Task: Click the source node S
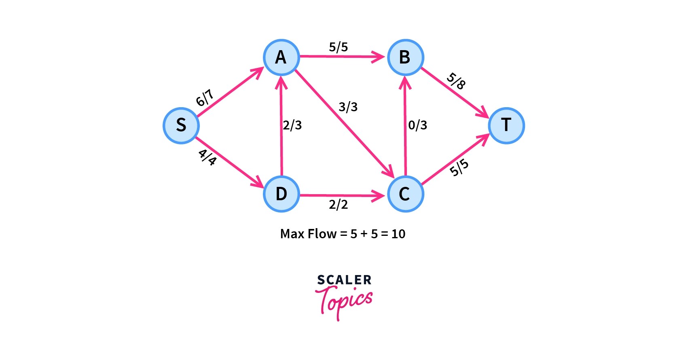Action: [181, 125]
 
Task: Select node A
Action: [281, 57]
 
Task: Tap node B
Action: [405, 57]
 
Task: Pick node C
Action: [405, 194]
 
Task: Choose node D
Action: [281, 194]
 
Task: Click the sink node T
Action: [506, 125]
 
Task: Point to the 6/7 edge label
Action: [205, 98]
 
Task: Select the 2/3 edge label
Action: [292, 125]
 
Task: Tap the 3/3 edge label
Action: [348, 107]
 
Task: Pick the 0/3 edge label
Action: [417, 125]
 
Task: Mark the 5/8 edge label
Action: [456, 81]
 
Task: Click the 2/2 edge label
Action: [338, 205]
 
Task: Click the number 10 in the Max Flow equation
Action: [398, 234]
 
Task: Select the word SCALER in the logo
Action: [344, 280]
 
